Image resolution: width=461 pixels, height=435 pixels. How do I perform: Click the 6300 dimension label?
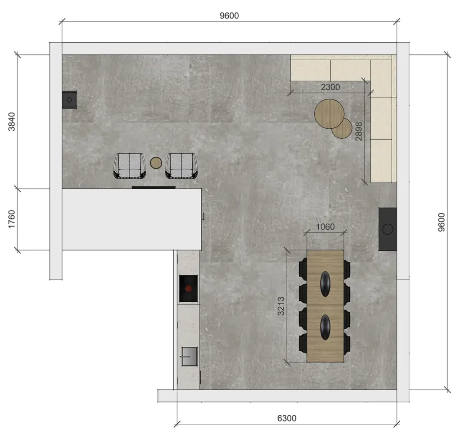pyautogui.click(x=287, y=418)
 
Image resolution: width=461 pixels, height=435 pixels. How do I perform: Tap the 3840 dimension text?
pyautogui.click(x=11, y=122)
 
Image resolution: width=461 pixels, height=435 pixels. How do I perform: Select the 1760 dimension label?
pyautogui.click(x=11, y=219)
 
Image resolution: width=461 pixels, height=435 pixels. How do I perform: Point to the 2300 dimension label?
pyautogui.click(x=330, y=87)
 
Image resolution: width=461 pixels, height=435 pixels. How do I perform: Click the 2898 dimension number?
pyautogui.click(x=359, y=131)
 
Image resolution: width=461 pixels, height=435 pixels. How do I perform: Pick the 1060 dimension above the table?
pyautogui.click(x=325, y=227)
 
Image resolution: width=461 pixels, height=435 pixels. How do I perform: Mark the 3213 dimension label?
pyautogui.click(x=281, y=306)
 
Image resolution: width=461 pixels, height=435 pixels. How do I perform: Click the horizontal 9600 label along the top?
pyautogui.click(x=229, y=16)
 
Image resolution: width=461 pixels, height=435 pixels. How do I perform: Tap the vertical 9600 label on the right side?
pyautogui.click(x=442, y=222)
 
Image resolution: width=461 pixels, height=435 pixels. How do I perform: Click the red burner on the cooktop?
pyautogui.click(x=189, y=289)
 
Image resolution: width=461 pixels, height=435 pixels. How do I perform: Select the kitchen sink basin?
pyautogui.click(x=190, y=357)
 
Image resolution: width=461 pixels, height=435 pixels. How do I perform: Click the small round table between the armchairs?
pyautogui.click(x=156, y=163)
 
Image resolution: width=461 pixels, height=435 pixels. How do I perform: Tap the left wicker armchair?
pyautogui.click(x=130, y=166)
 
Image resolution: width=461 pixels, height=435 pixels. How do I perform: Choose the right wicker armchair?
pyautogui.click(x=181, y=166)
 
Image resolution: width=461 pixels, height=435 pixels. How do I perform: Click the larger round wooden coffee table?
pyautogui.click(x=329, y=114)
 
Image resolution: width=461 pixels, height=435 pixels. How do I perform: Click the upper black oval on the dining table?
pyautogui.click(x=325, y=284)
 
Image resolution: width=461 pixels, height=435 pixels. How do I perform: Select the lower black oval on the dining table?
pyautogui.click(x=325, y=327)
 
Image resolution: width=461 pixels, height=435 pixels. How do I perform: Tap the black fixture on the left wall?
pyautogui.click(x=69, y=100)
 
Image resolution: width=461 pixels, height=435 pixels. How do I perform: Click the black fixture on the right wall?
pyautogui.click(x=388, y=229)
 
